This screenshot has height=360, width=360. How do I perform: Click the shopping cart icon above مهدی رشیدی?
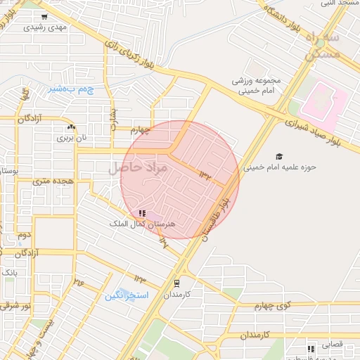point(44,17)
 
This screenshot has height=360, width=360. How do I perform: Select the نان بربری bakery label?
point(72,138)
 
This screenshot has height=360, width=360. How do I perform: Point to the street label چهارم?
point(141,129)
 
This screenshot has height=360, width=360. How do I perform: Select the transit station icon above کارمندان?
point(176,283)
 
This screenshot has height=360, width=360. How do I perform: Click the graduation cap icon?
point(279,156)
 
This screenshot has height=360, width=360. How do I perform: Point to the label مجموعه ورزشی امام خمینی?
point(257,85)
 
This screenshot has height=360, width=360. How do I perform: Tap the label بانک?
point(10,271)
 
